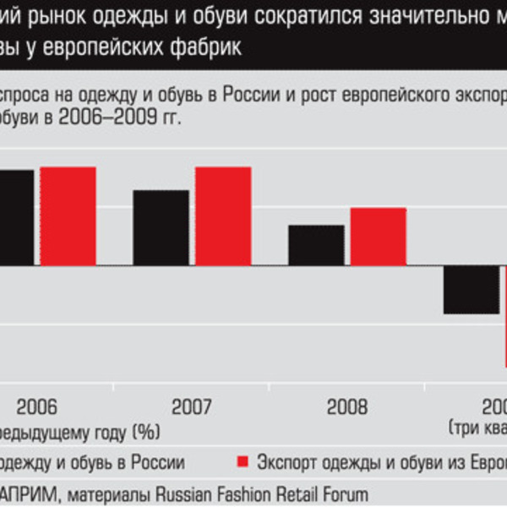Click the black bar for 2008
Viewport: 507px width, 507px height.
pyautogui.click(x=316, y=244)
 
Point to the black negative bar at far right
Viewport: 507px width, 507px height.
pyautogui.click(x=471, y=289)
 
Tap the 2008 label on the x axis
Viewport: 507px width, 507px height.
pyautogui.click(x=347, y=406)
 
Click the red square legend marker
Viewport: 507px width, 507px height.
pyautogui.click(x=243, y=462)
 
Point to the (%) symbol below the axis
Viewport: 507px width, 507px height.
pyautogui.click(x=145, y=433)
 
